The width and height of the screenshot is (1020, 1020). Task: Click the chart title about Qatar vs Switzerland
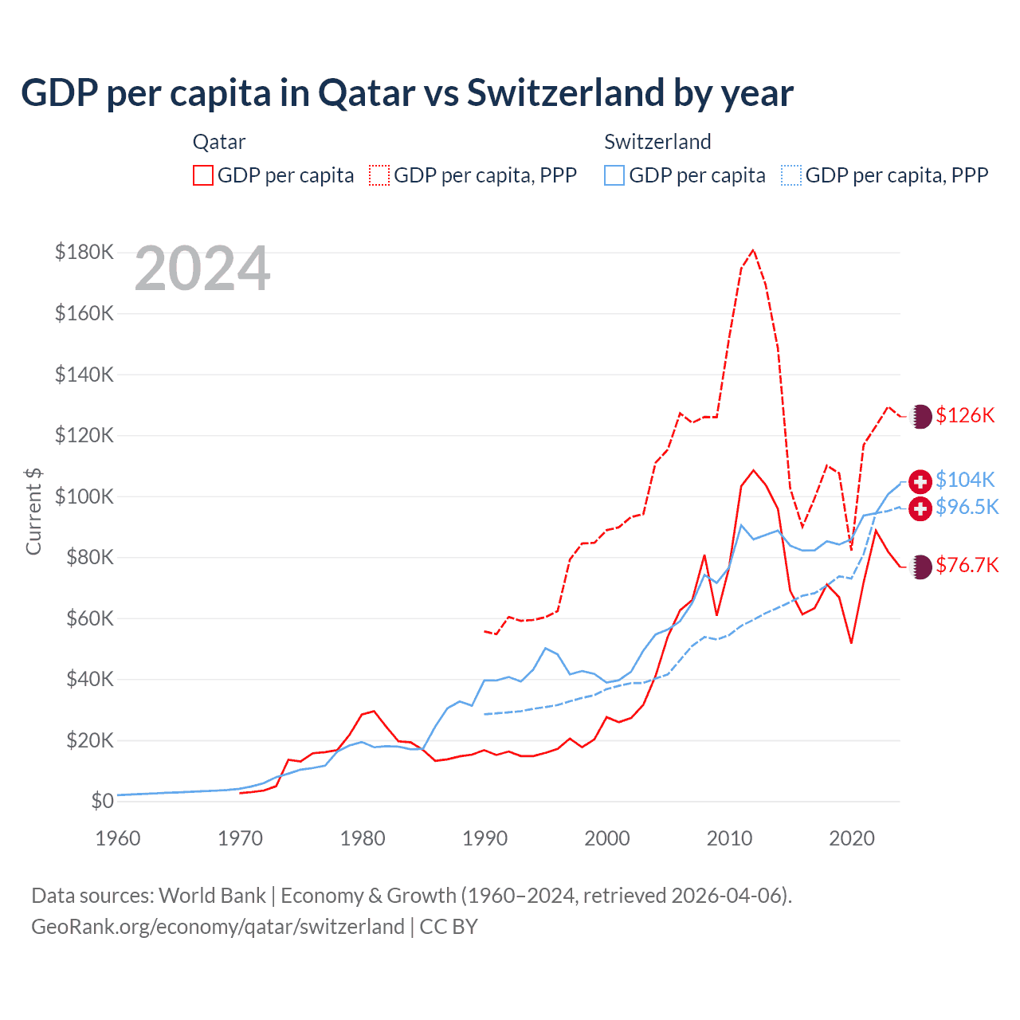click(407, 93)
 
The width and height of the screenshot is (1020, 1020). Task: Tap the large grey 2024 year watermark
click(202, 269)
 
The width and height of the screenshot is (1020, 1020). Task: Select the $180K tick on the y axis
click(84, 253)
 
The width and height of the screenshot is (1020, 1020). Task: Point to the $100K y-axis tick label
click(84, 496)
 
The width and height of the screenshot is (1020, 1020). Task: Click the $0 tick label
click(102, 802)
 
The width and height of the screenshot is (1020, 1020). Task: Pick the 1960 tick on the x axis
click(118, 838)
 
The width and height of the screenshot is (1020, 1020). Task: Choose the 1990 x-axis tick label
click(484, 838)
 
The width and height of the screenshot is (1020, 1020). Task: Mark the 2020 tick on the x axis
click(852, 838)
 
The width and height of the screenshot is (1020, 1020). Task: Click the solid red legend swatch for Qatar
click(203, 175)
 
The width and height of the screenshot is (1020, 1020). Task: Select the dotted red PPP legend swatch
click(379, 175)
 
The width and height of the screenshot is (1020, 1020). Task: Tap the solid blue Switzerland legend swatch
click(614, 175)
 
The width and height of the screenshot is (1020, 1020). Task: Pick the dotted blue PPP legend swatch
click(791, 175)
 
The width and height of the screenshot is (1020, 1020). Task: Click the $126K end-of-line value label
click(965, 415)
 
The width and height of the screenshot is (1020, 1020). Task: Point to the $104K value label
click(965, 480)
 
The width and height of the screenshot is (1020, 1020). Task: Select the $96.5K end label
click(967, 507)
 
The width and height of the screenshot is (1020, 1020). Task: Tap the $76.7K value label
click(967, 565)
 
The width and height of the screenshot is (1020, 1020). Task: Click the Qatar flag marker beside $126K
click(921, 416)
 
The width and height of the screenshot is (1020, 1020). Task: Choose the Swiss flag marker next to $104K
click(920, 481)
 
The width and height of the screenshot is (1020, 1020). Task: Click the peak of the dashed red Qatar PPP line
click(753, 250)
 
